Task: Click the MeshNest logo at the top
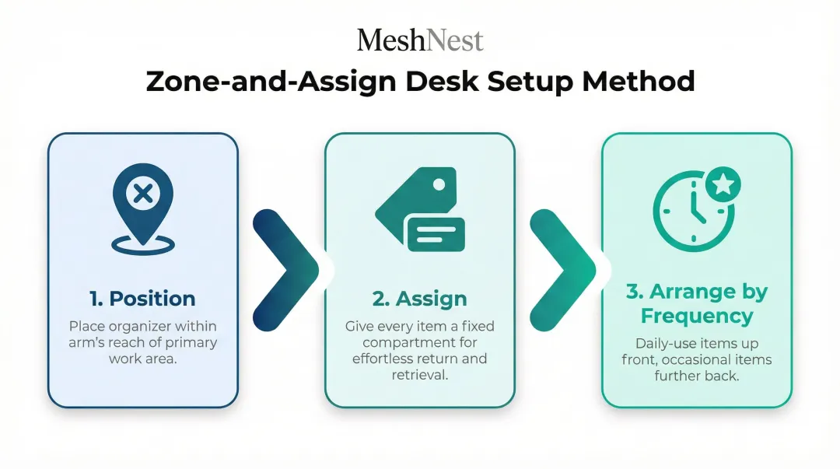tap(420, 40)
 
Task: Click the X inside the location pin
tap(142, 193)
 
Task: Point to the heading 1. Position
tap(142, 299)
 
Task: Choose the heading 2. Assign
tap(420, 299)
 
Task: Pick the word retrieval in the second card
tap(420, 375)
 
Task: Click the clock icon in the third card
tap(691, 212)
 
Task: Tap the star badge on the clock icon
tap(723, 185)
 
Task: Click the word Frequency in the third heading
tap(697, 316)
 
